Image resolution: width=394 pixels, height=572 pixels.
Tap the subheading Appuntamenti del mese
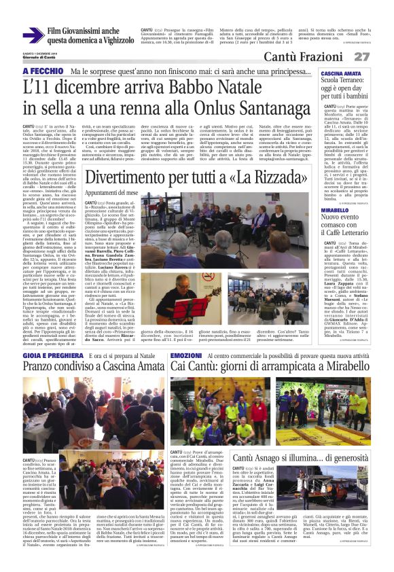click(111, 193)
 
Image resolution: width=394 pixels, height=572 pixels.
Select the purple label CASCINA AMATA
click(342, 73)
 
